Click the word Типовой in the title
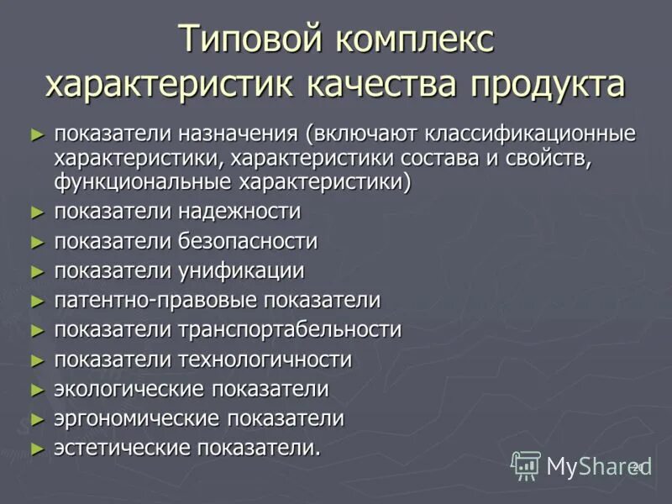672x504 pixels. [x=253, y=41]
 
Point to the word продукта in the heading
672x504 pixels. [x=547, y=84]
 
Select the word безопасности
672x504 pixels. [x=247, y=242]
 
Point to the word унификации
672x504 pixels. [x=240, y=271]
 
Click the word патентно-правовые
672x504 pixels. [x=156, y=301]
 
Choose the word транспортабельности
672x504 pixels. [x=289, y=330]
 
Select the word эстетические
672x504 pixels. [x=123, y=449]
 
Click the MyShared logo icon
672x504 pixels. [x=527, y=465]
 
